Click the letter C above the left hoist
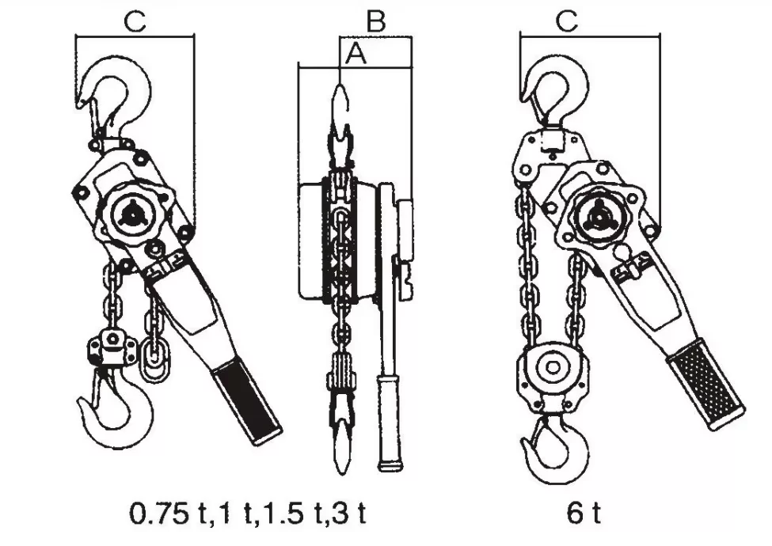pos(135,21)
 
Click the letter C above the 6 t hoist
pos(567,21)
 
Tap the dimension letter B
pos(375,21)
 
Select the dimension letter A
pos(356,53)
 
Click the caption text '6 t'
pos(584,514)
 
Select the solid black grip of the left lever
pos(246,401)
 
